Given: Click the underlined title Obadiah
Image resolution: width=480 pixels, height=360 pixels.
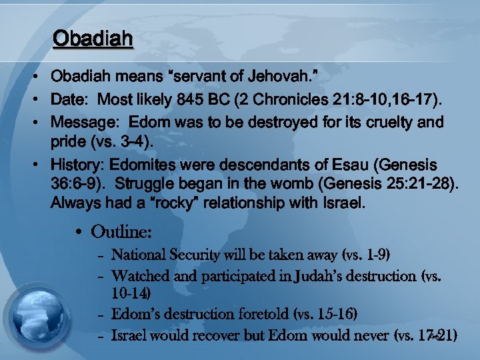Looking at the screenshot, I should [x=93, y=39].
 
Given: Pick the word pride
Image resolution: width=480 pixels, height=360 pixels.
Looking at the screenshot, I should [x=67, y=143].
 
